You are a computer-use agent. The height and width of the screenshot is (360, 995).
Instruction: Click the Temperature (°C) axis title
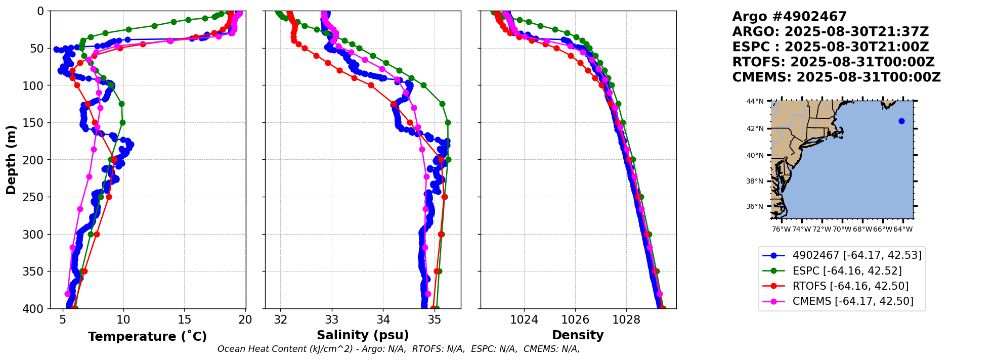pyautogui.click(x=147, y=337)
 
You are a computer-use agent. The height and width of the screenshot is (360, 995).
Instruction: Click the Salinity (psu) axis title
pyautogui.click(x=363, y=335)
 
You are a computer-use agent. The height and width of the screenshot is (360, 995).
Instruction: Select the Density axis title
pyautogui.click(x=578, y=335)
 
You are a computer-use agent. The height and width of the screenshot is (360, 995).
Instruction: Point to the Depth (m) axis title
pyautogui.click(x=11, y=159)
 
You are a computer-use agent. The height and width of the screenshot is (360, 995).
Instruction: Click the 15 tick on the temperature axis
pyautogui.click(x=185, y=320)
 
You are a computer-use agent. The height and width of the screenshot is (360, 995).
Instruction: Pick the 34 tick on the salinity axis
pyautogui.click(x=383, y=320)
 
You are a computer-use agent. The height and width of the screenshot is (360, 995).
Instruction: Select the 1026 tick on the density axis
pyautogui.click(x=575, y=320)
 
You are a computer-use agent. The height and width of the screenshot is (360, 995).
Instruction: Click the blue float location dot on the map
pyautogui.click(x=901, y=121)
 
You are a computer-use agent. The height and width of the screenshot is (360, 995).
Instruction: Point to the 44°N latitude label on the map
pyautogui.click(x=755, y=101)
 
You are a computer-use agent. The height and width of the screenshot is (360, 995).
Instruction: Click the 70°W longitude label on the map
pyautogui.click(x=842, y=229)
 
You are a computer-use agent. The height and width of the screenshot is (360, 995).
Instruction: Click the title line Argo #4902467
pyautogui.click(x=789, y=17)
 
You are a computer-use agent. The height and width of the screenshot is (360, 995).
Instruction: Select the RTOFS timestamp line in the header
pyautogui.click(x=833, y=62)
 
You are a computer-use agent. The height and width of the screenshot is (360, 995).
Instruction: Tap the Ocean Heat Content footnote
pyautogui.click(x=399, y=349)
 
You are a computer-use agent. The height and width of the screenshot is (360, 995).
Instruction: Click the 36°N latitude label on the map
pyautogui.click(x=755, y=206)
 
